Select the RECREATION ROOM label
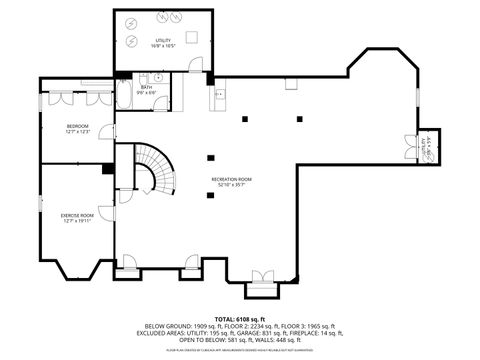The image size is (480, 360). (231, 179)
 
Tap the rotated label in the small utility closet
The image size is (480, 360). (427, 146)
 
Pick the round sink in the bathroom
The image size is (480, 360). (158, 76)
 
